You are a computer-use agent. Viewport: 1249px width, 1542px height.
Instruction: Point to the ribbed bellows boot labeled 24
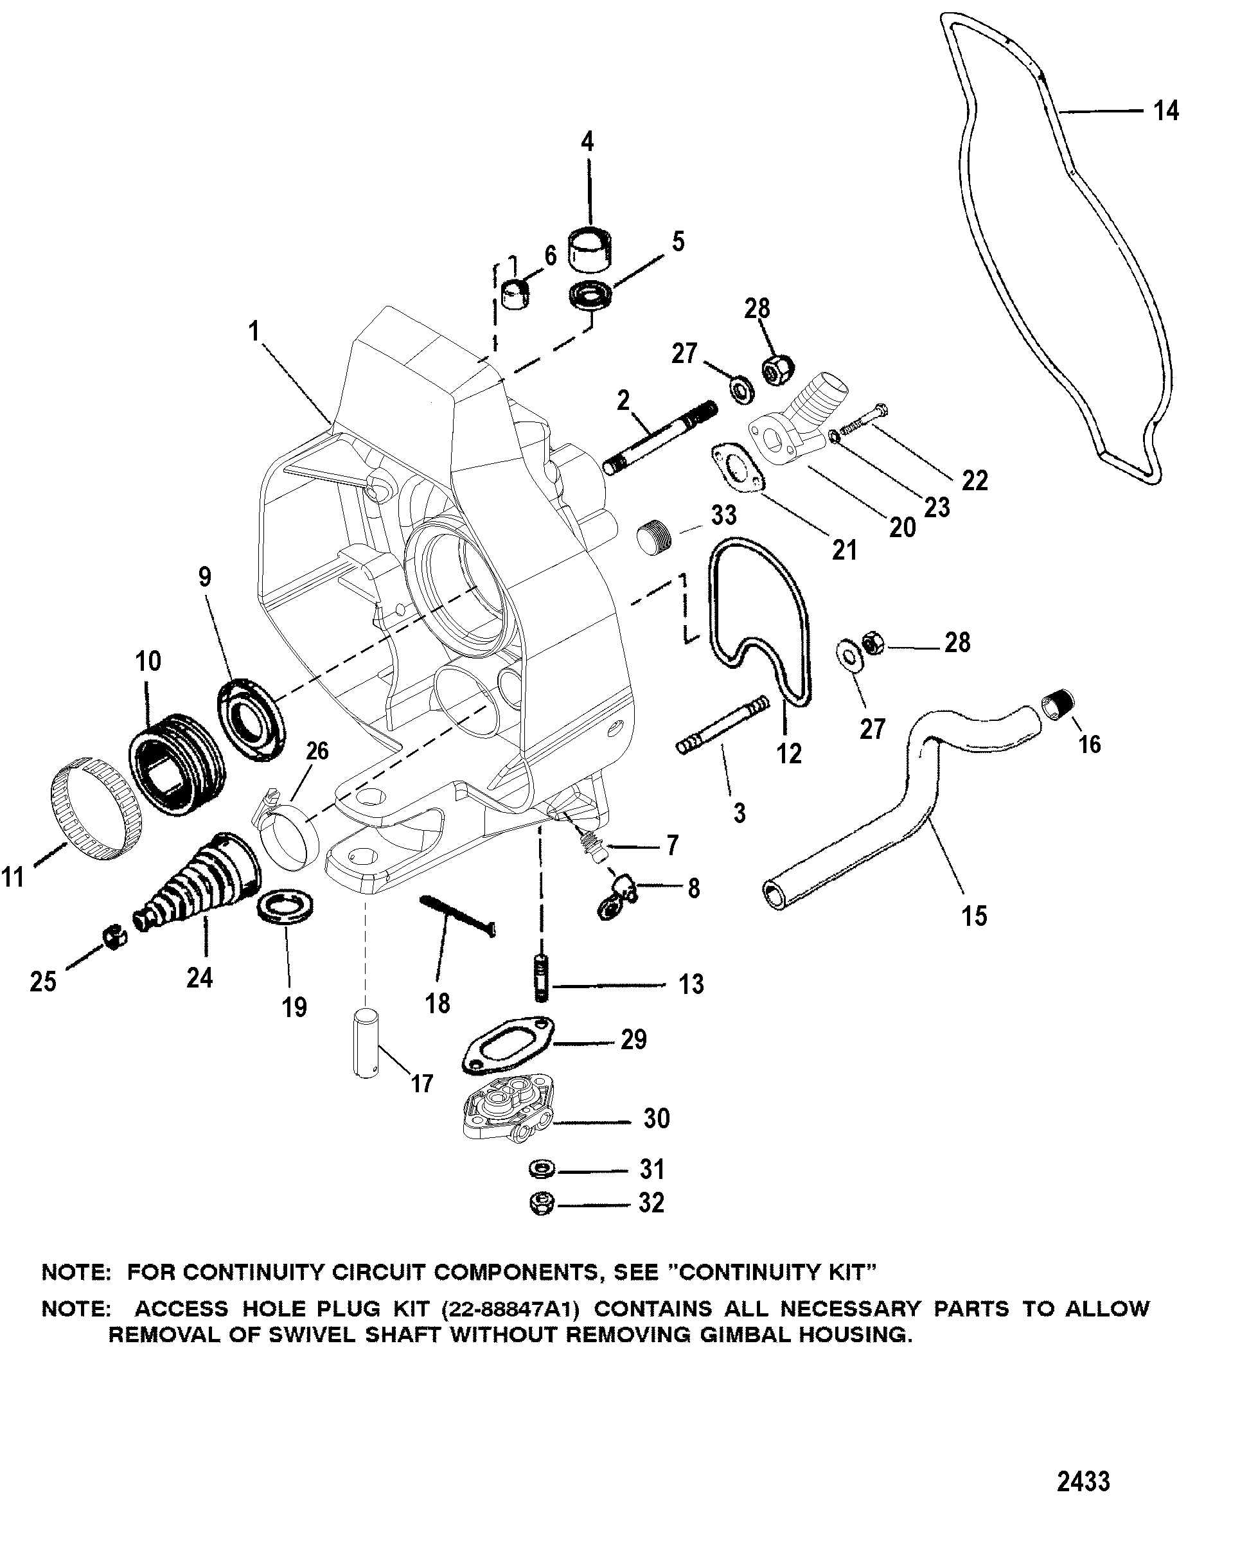(202, 882)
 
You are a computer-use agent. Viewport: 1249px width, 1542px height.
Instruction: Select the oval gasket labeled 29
(509, 1045)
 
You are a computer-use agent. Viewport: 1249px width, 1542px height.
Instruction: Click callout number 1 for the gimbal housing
(253, 332)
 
